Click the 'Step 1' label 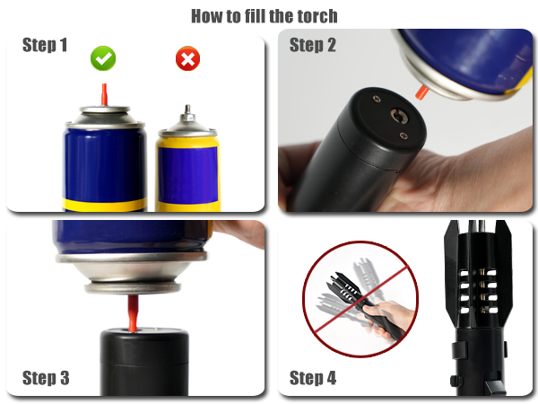pos(45,46)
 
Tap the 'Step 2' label pos(312,46)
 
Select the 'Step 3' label pos(45,378)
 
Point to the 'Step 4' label pos(313,378)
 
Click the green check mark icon pos(103,59)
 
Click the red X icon pos(187,59)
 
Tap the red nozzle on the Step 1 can pos(103,92)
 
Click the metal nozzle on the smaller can pos(187,115)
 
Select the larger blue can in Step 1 pos(104,162)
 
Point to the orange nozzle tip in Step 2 pos(421,91)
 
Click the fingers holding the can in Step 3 pos(240,235)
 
